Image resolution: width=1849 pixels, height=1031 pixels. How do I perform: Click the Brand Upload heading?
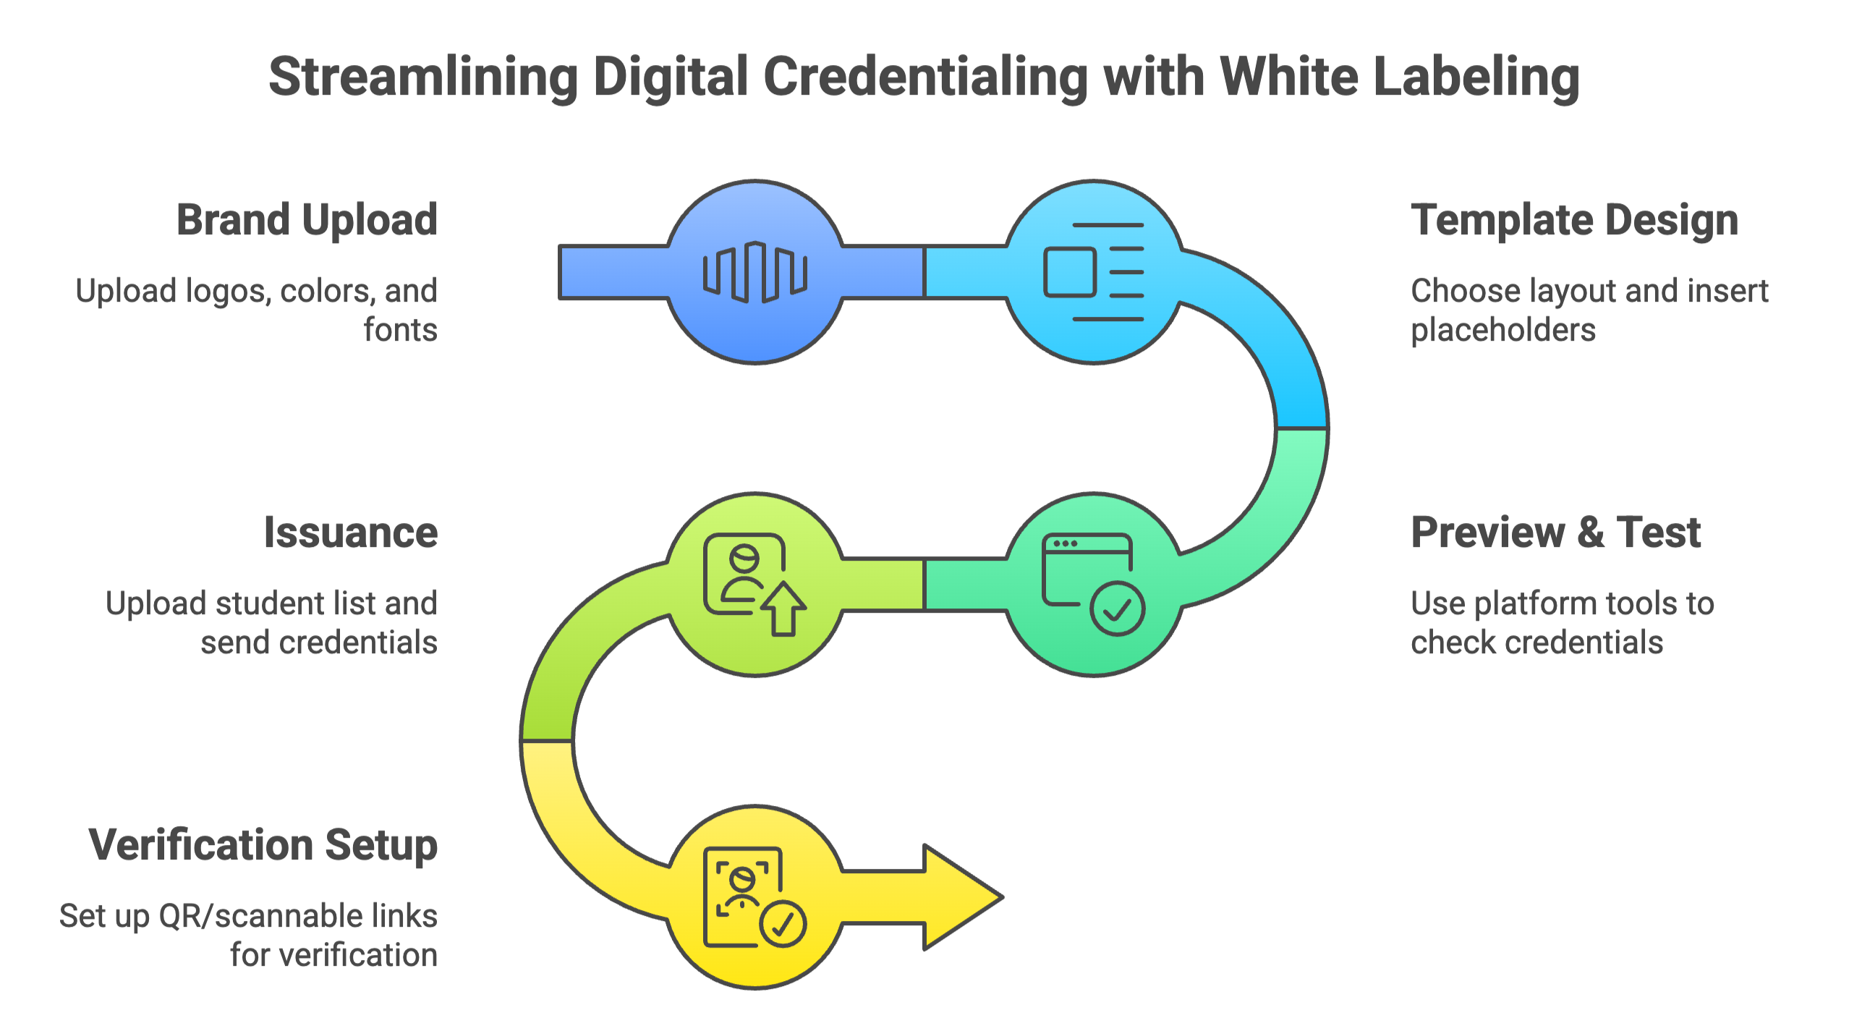coord(307,220)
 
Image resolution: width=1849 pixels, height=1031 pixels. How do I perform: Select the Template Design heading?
coord(1574,220)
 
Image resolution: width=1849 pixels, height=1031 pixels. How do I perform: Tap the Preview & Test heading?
coord(1555,533)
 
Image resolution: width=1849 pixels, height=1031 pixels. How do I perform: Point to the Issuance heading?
coord(351,533)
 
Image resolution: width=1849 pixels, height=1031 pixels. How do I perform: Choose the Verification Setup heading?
coord(263,845)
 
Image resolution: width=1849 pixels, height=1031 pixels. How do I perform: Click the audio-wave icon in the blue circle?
coord(755,272)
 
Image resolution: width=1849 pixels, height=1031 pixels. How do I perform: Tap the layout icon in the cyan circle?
coord(1093,272)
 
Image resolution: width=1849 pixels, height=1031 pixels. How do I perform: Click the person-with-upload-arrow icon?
coord(752,583)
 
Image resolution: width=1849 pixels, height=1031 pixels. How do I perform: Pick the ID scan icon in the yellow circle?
coord(752,897)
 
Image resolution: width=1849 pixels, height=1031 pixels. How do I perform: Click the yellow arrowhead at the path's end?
coord(962,897)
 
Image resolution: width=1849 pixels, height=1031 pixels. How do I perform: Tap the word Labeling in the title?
coord(1476,77)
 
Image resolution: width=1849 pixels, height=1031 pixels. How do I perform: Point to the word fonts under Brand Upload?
coord(400,330)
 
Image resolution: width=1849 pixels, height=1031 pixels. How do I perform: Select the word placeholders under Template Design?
coord(1502,330)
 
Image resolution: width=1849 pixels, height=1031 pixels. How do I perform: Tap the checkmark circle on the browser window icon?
coord(1117,609)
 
